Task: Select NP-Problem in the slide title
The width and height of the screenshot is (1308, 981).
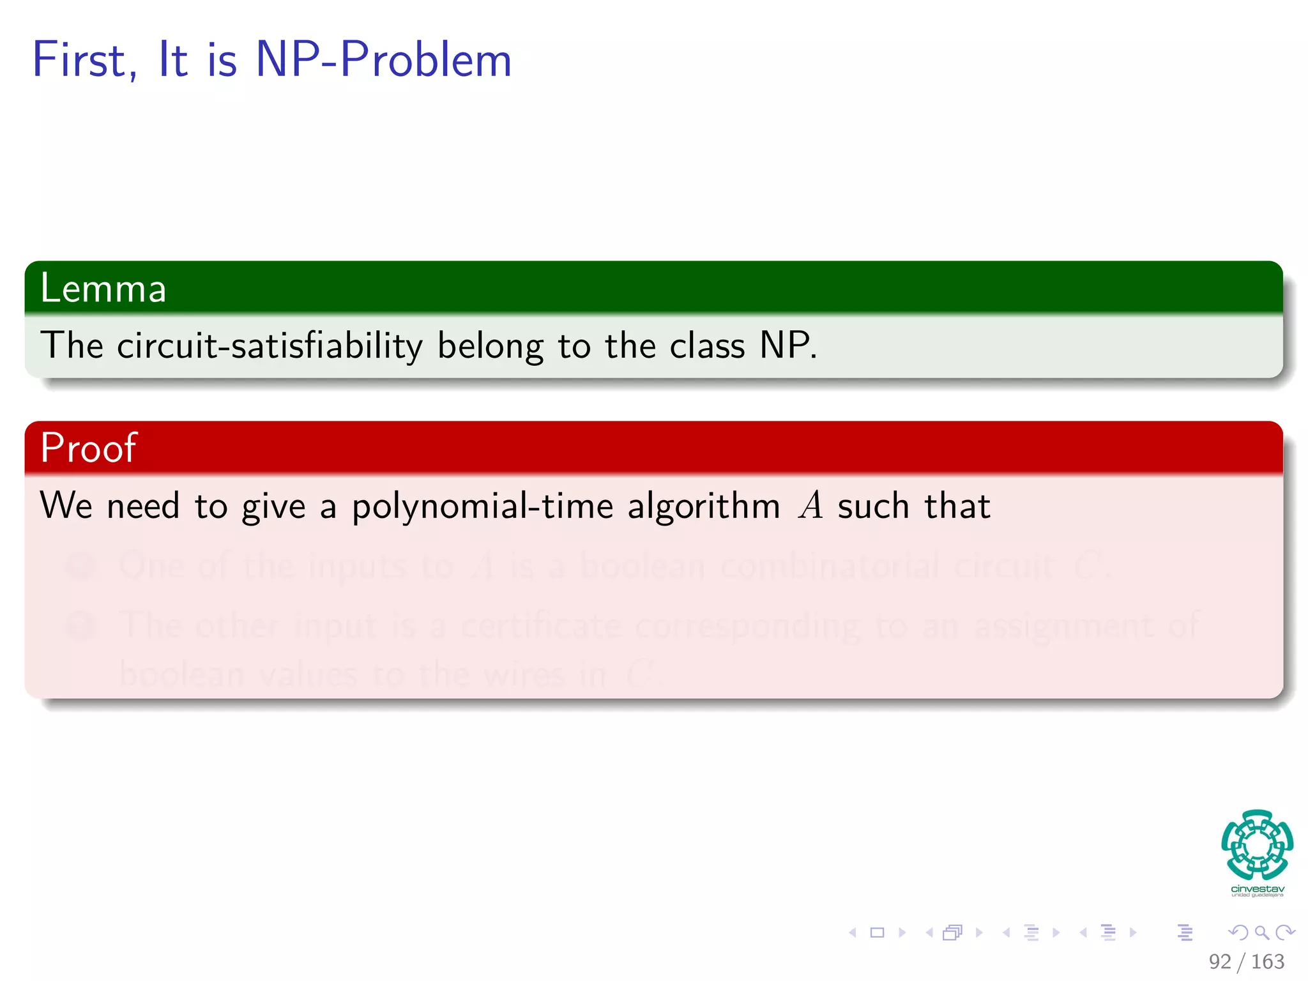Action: tap(383, 60)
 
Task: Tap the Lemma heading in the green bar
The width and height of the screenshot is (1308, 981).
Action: tap(103, 289)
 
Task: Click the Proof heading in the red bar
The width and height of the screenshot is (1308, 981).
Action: tap(88, 448)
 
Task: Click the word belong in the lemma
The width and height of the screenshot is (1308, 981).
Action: tap(490, 346)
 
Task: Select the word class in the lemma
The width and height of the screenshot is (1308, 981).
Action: tap(707, 346)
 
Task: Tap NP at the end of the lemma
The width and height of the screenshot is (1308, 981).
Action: tap(784, 346)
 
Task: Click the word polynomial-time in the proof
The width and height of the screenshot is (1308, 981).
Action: tap(482, 507)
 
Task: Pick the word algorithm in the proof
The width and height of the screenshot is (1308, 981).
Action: tap(703, 507)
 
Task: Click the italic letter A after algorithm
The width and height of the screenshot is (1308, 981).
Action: tap(810, 507)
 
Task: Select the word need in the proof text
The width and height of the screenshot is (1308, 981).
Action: tap(142, 507)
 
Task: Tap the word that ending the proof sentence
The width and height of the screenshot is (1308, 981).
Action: tap(957, 507)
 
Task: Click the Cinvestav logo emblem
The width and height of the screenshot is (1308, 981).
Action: tap(1257, 844)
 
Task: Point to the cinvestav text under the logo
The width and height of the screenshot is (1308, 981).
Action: tap(1257, 889)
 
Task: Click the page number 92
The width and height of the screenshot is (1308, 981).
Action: tap(1219, 961)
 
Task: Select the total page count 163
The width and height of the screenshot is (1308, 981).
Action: tap(1267, 961)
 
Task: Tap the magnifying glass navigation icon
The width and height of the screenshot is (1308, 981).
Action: tap(1261, 932)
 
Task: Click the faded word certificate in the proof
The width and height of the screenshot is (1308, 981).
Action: tap(541, 626)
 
